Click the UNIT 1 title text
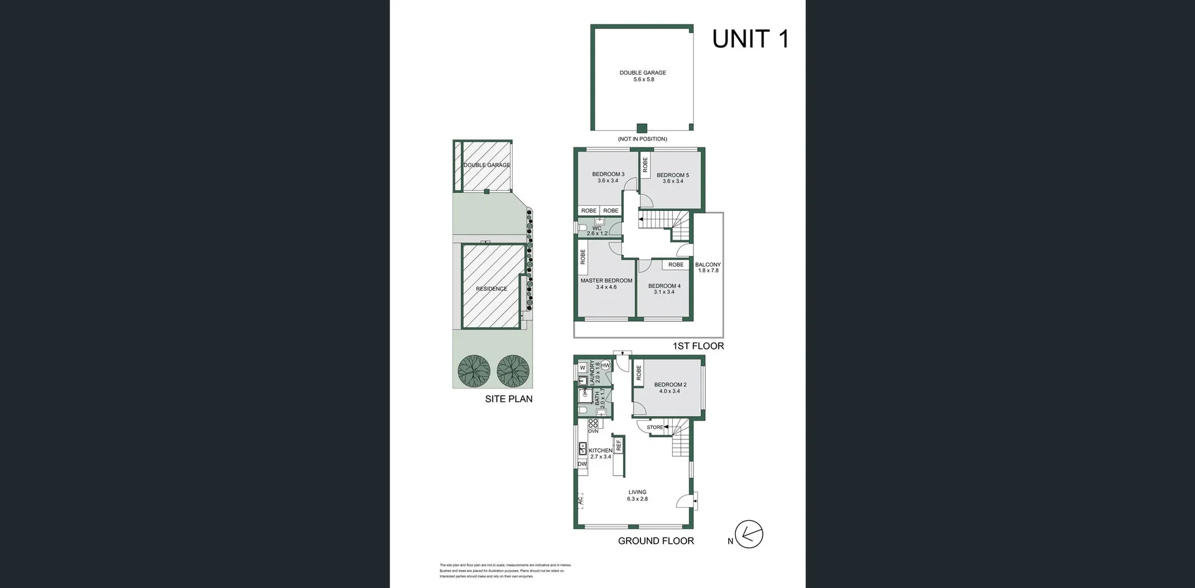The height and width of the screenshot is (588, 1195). tap(750, 39)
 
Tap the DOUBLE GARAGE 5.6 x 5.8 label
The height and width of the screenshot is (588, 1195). tap(643, 76)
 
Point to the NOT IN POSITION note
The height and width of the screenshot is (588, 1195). tap(642, 139)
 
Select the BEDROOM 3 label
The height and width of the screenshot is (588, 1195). tap(608, 177)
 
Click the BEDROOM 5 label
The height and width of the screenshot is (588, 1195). tap(673, 178)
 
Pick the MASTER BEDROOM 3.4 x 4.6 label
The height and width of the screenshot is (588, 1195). tap(606, 284)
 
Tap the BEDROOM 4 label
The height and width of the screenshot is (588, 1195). tap(664, 289)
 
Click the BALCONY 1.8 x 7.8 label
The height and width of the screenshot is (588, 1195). tap(708, 268)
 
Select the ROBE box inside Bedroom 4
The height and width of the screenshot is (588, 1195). tap(676, 264)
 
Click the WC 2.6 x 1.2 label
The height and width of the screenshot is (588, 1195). tap(597, 231)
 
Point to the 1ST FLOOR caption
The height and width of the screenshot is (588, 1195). tap(698, 346)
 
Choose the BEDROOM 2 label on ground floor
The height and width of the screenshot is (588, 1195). tap(670, 388)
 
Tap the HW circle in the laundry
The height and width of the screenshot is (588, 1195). tap(606, 365)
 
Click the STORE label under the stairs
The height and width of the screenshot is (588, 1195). tap(655, 427)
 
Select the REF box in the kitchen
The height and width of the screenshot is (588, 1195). tap(619, 445)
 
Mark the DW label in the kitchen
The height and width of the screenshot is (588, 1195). tap(582, 464)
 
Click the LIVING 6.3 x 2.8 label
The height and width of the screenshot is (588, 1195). tap(637, 495)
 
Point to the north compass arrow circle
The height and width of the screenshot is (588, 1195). tap(749, 534)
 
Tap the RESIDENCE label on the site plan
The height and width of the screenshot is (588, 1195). tap(491, 289)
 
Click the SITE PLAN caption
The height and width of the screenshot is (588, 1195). tap(508, 399)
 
